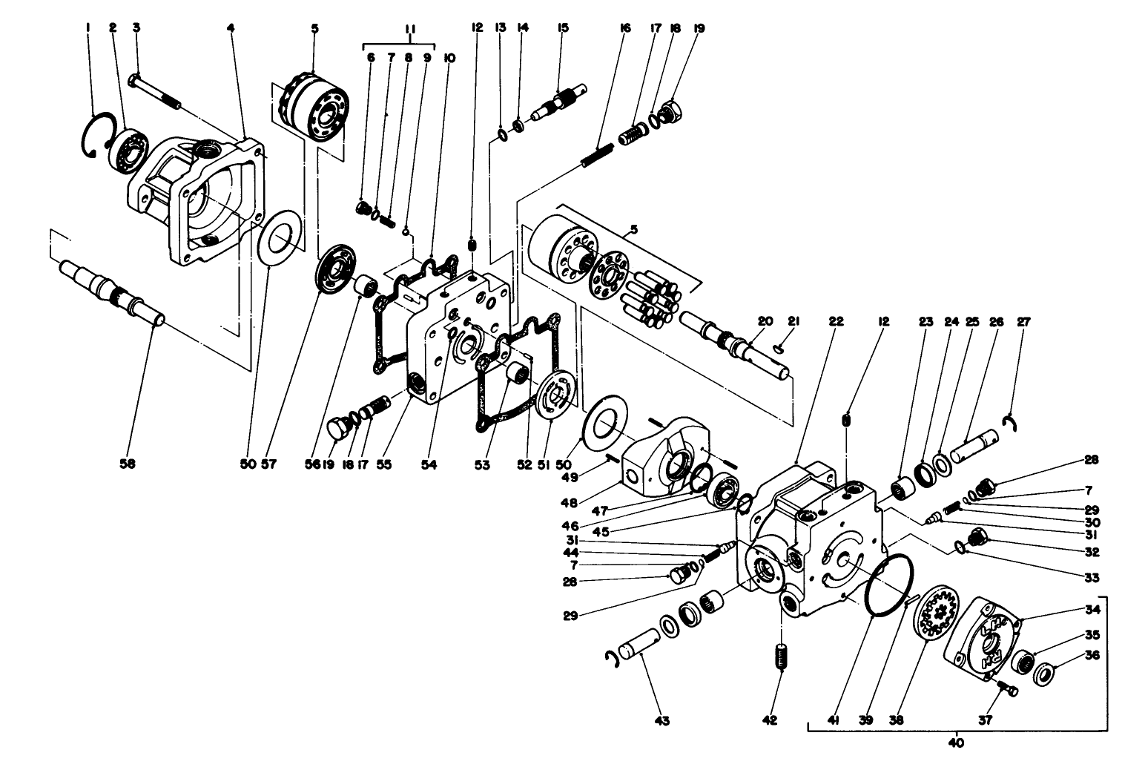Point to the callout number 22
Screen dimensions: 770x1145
click(x=836, y=321)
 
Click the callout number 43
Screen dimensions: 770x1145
click(x=661, y=720)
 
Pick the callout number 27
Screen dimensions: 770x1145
click(x=1023, y=321)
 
